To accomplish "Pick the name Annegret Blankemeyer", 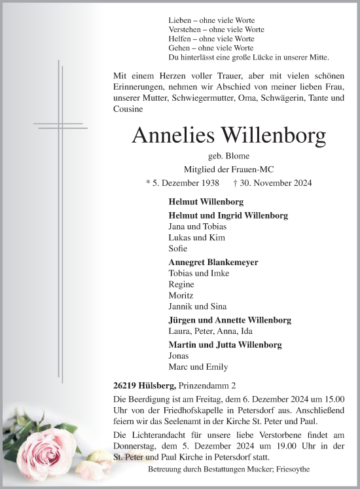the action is coord(204,262).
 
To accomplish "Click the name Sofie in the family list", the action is coord(177,249).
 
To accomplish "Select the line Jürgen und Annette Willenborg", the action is coord(230,320).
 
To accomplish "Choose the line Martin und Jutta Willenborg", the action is coord(225,344).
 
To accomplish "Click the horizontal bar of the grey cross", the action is coord(63,124).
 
